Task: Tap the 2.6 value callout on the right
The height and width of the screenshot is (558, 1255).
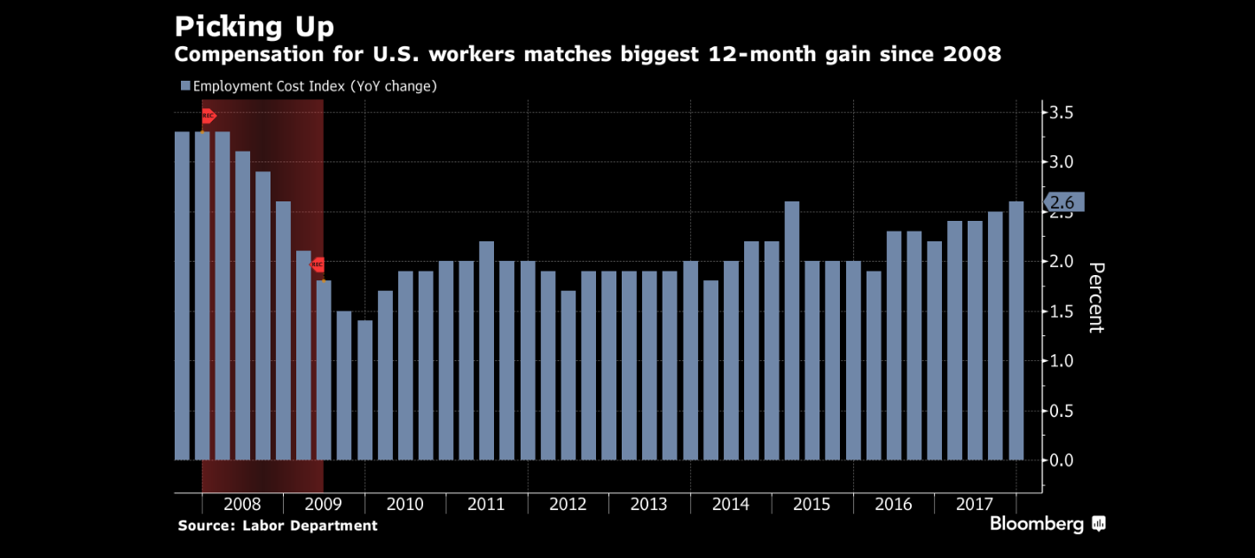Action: pos(1063,203)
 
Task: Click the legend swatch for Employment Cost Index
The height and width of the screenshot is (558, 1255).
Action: pos(185,86)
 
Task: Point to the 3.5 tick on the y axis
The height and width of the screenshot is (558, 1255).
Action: pos(1063,113)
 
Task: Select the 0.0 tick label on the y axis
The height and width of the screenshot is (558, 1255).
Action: pos(1063,460)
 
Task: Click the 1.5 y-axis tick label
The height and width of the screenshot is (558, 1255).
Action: pos(1063,311)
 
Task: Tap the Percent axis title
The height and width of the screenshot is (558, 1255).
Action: pos(1096,297)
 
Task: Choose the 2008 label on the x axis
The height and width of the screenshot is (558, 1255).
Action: pos(242,505)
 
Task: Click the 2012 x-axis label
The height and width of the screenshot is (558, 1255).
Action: pos(568,505)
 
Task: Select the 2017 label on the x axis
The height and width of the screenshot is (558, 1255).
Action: pos(975,505)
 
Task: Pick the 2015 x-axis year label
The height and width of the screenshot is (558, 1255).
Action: pos(812,505)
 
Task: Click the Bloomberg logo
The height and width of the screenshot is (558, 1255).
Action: pos(1047,524)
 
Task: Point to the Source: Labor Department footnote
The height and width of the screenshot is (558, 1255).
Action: pos(278,526)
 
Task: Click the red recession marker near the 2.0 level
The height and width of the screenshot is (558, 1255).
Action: pos(317,264)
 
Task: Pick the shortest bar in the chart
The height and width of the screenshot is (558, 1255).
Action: pos(365,390)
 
